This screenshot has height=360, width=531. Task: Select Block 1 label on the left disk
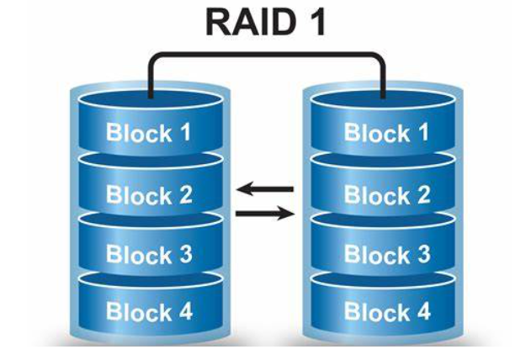click(149, 133)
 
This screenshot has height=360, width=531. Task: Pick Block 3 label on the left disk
click(149, 253)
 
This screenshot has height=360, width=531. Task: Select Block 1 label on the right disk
click(387, 133)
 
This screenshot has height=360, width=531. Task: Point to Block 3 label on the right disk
click(387, 253)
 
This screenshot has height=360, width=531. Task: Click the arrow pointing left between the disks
click(265, 189)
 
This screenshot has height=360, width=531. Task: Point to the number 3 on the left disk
click(184, 253)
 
